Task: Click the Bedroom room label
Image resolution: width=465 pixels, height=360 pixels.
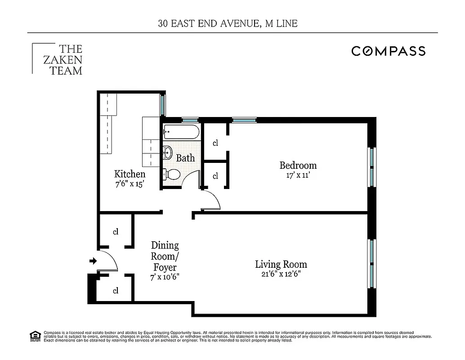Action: [x=298, y=165]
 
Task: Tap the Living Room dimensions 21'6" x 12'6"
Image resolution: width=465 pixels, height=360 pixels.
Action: [x=281, y=274]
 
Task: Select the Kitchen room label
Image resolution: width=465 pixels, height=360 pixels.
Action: [x=130, y=174]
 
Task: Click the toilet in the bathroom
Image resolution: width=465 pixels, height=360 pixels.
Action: [x=172, y=174]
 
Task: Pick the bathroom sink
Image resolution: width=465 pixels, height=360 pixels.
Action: [x=167, y=153]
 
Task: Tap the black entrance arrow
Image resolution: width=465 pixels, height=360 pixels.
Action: [x=93, y=261]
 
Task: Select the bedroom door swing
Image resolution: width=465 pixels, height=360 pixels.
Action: [x=210, y=201]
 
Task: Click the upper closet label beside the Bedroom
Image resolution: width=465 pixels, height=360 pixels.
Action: [x=215, y=143]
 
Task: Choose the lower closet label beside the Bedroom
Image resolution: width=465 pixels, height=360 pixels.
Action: [x=215, y=176]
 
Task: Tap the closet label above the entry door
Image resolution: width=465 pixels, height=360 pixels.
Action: [x=116, y=232]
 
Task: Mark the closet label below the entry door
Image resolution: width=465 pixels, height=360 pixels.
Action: [x=116, y=291]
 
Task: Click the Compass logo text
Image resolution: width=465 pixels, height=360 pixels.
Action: [x=388, y=51]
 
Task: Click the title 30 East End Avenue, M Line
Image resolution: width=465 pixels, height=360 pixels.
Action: [x=228, y=23]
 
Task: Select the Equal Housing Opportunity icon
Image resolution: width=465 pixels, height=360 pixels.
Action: [x=34, y=336]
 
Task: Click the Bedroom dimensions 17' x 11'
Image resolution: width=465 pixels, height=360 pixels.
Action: [x=298, y=175]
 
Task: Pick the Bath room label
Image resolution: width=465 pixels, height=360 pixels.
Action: [x=185, y=158]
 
